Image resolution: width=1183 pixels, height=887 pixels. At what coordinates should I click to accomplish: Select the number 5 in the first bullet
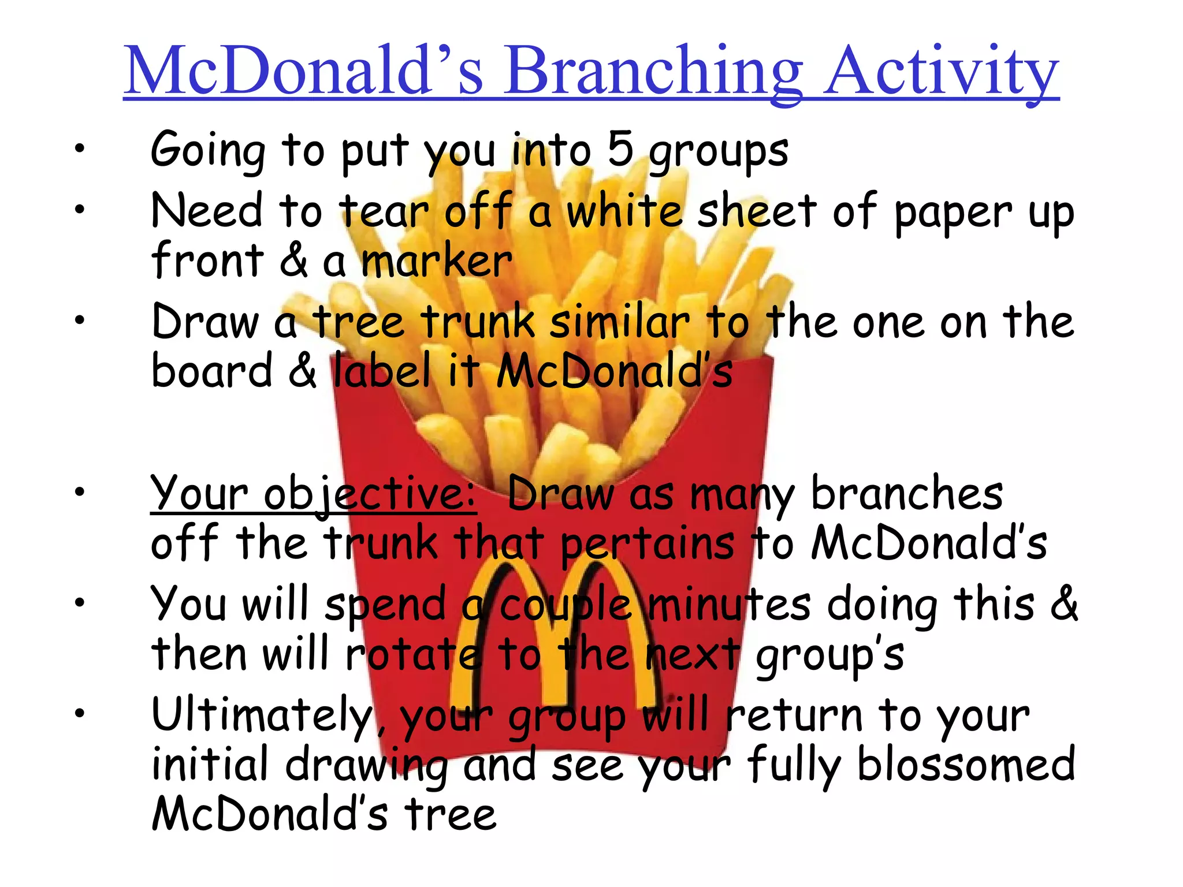coord(620,150)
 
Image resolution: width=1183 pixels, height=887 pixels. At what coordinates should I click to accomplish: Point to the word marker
coord(436,261)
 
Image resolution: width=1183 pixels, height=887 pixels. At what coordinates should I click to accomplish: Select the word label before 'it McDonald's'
coord(382,371)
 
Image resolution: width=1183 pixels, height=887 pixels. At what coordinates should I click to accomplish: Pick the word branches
coord(907,494)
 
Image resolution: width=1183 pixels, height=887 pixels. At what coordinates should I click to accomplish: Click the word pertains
coord(648,545)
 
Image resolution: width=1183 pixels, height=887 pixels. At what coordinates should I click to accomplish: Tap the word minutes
coord(729,604)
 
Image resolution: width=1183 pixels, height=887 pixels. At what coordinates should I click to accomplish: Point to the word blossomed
coord(965,764)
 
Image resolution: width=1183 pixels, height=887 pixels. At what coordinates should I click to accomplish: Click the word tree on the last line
coord(450,814)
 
